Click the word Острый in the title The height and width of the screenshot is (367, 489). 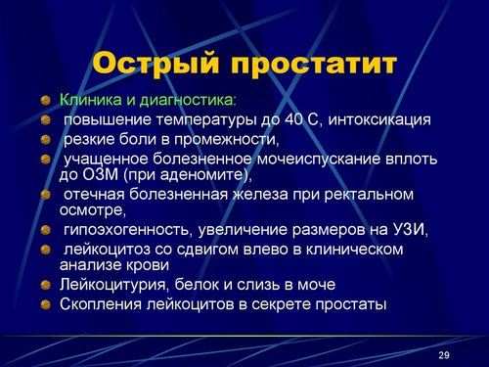tap(156, 64)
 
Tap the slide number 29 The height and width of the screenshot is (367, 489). tap(444, 354)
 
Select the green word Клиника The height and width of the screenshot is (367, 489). tap(91, 100)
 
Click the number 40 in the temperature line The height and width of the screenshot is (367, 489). tap(293, 119)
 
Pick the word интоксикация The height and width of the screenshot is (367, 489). tap(379, 120)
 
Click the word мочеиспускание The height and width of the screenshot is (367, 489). tap(319, 160)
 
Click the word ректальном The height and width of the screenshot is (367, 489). tap(369, 195)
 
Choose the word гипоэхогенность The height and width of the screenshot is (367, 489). tap(126, 230)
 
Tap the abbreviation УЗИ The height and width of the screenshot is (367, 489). tap(405, 230)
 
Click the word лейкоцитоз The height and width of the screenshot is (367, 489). tap(107, 250)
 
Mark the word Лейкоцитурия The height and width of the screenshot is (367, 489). tap(112, 285)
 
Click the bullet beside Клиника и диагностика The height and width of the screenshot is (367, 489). tap(46, 100)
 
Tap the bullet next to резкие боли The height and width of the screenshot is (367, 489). tap(46, 140)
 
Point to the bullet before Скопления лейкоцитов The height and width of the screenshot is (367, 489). tap(46, 305)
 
